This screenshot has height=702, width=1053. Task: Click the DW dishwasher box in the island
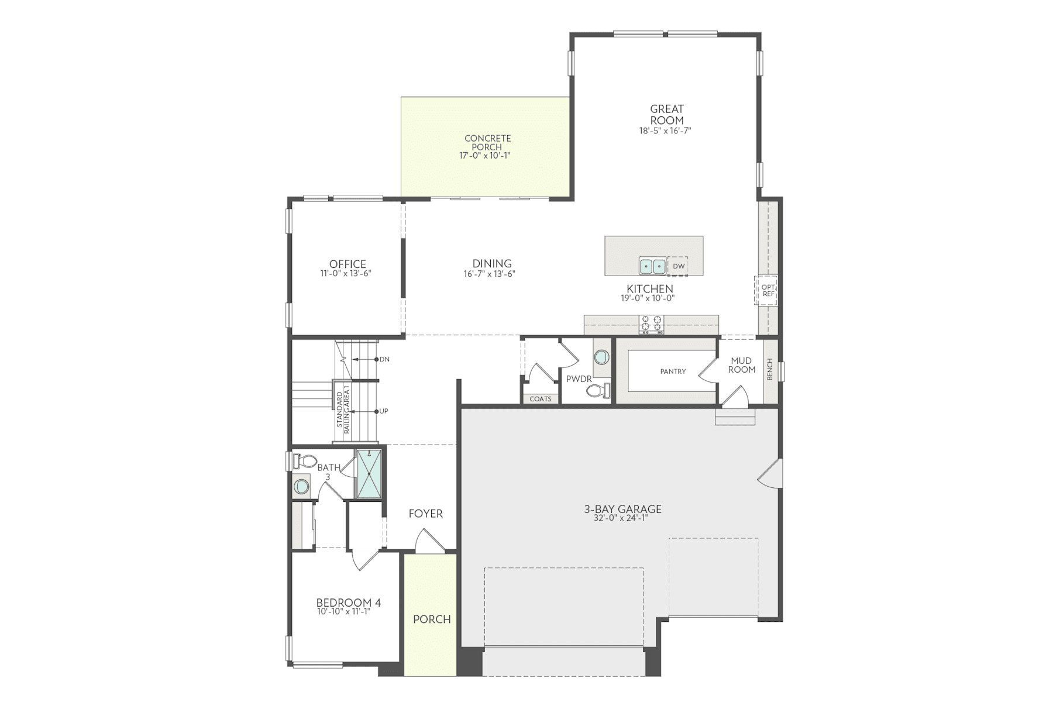[x=678, y=266]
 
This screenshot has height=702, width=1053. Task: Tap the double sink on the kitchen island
[x=652, y=266]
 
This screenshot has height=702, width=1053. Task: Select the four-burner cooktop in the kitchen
[x=651, y=324]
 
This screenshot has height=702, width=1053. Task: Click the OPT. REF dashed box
[x=768, y=290]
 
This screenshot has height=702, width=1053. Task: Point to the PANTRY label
[x=673, y=371]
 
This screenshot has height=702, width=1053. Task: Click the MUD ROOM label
[x=741, y=365]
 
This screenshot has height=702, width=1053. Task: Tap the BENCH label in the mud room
[x=770, y=369]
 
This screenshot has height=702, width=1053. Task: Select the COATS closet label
[x=540, y=399]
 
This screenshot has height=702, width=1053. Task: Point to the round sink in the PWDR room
[x=601, y=357]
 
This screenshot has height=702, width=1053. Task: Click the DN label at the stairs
[x=384, y=359]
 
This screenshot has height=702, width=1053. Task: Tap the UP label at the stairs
[x=384, y=411]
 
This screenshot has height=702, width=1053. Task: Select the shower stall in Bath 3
[x=369, y=474]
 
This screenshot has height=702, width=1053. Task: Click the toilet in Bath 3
[x=305, y=461]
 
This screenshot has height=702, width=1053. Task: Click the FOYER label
[x=425, y=514]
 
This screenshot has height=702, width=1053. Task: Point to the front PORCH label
[x=432, y=619]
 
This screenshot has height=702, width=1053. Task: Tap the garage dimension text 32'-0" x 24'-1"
[x=622, y=517]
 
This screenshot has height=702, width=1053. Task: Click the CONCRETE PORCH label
[x=487, y=142]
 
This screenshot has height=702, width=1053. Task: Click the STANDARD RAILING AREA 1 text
[x=343, y=408]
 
